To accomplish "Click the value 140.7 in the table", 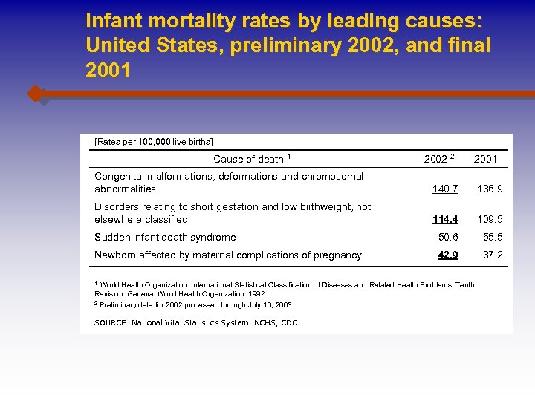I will pyautogui.click(x=444, y=189).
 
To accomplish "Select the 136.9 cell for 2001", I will pyautogui.click(x=490, y=189).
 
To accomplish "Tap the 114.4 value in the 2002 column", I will pyautogui.click(x=444, y=220).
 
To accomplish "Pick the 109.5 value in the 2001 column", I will pyautogui.click(x=490, y=220).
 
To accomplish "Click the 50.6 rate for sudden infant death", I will pyautogui.click(x=448, y=238).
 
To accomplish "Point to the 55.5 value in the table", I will pyautogui.click(x=493, y=238).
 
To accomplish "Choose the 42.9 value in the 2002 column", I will pyautogui.click(x=448, y=255).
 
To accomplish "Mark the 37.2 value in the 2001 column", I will pyautogui.click(x=493, y=255).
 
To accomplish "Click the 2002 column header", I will pyautogui.click(x=438, y=159).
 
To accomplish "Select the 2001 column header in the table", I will pyautogui.click(x=485, y=159).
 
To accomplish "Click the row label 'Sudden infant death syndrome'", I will pyautogui.click(x=165, y=238).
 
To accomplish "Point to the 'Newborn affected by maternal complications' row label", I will pyautogui.click(x=227, y=255).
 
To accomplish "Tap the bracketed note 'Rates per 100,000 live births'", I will pyautogui.click(x=153, y=141).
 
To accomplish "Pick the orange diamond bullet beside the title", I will pyautogui.click(x=35, y=94).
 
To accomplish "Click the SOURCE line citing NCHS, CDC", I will pyautogui.click(x=196, y=322).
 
